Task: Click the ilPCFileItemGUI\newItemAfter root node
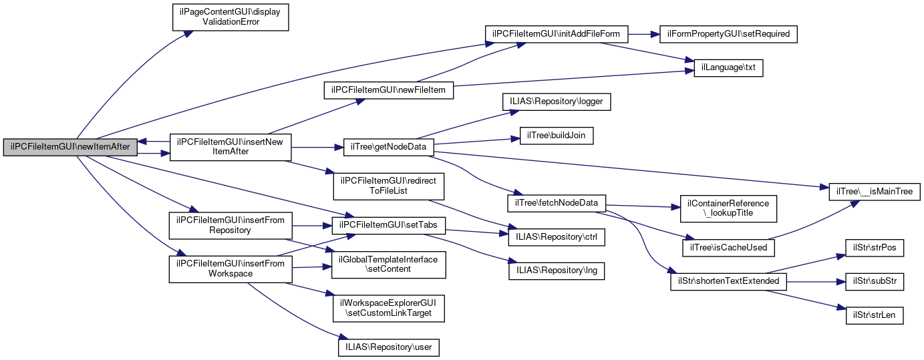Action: click(x=70, y=147)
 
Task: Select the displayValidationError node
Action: click(x=230, y=16)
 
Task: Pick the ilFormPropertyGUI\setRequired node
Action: click(x=728, y=33)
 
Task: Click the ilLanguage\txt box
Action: click(x=728, y=68)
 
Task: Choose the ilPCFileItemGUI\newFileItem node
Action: click(x=388, y=89)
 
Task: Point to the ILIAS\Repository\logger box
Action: click(x=557, y=102)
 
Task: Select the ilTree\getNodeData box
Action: click(x=388, y=147)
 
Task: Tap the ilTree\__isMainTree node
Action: click(x=875, y=192)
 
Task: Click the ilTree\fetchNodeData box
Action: click(x=557, y=202)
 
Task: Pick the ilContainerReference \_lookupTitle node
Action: click(x=728, y=208)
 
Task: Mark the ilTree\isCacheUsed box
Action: click(x=728, y=247)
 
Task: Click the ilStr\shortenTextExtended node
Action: click(x=728, y=281)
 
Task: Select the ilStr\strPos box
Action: click(x=875, y=247)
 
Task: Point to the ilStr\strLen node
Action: click(x=875, y=315)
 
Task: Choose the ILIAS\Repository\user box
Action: click(x=388, y=347)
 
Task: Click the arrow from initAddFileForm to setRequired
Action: click(x=643, y=33)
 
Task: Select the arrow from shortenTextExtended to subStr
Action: click(x=815, y=281)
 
